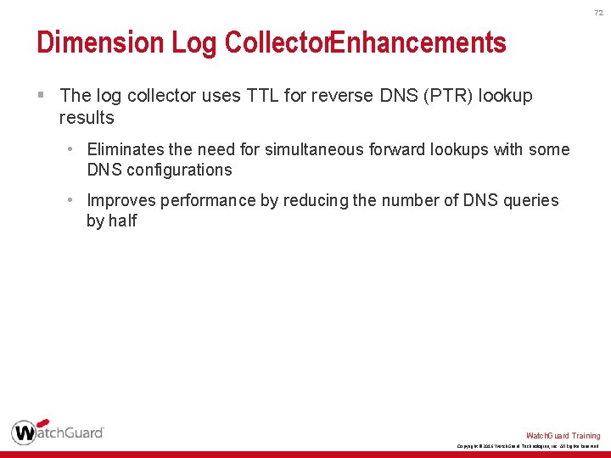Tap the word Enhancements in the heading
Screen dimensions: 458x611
coord(418,42)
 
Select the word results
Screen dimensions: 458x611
coord(87,117)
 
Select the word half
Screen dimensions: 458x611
coord(122,221)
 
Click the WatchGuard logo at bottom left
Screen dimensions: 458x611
coord(58,432)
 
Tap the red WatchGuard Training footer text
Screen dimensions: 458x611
coord(563,436)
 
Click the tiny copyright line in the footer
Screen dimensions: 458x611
coord(528,446)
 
